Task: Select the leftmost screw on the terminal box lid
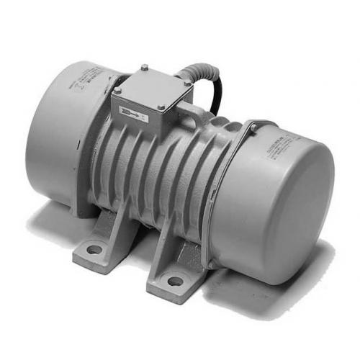(117, 90)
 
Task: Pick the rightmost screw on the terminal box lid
(188, 84)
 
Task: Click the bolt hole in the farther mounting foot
(94, 250)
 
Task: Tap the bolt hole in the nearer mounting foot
(175, 280)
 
